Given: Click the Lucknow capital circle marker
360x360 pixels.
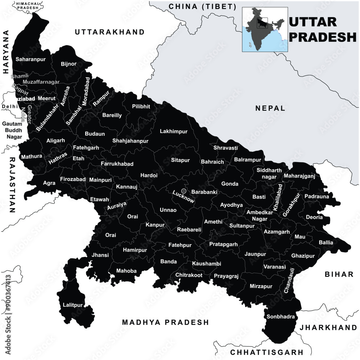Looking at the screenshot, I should (x=184, y=191).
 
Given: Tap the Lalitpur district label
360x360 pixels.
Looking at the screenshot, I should (x=73, y=305).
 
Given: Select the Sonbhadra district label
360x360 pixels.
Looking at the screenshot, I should (x=281, y=317).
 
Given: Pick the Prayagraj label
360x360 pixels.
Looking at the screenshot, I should (x=226, y=276).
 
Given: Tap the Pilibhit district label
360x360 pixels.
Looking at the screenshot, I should (x=141, y=107).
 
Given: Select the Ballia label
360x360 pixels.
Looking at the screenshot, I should (x=326, y=243).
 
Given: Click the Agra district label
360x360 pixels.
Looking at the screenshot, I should (x=49, y=183).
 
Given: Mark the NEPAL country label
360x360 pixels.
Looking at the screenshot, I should (x=270, y=108).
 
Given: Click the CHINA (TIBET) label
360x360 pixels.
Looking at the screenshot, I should (x=203, y=6).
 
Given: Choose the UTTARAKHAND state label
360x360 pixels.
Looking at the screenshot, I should (x=109, y=32).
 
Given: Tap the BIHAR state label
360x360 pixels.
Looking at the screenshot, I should (x=339, y=274).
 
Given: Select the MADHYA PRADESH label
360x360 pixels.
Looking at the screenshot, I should (x=165, y=322).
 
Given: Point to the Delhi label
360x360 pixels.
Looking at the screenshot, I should (x=9, y=107).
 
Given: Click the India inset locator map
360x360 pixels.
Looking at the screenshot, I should (x=265, y=30).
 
